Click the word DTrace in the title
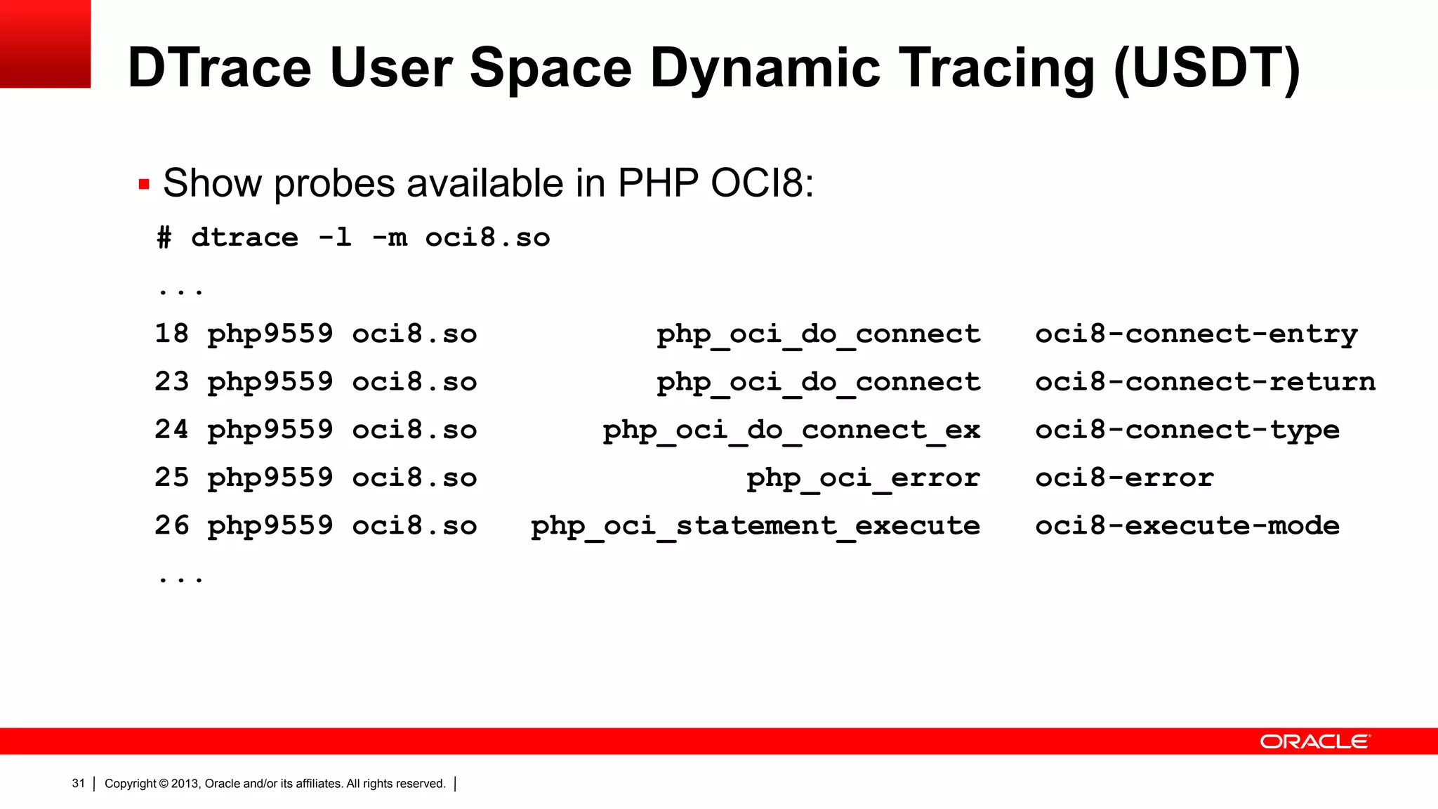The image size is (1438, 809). tap(219, 68)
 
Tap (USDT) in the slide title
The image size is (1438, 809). tap(1206, 68)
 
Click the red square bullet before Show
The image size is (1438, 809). tap(144, 185)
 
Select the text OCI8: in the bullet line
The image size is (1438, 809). tap(762, 183)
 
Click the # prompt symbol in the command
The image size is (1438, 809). tap(164, 238)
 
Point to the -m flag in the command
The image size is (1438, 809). tap(389, 238)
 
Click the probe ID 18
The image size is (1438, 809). tap(172, 334)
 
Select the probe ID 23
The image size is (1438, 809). tap(172, 381)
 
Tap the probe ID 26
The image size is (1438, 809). tap(172, 525)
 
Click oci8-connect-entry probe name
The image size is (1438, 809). tap(1196, 334)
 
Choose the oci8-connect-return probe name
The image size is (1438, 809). tap(1205, 382)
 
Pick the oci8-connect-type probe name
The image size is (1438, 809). tap(1187, 430)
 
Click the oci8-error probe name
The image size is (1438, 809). tap(1124, 478)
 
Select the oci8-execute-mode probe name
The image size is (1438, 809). tap(1187, 525)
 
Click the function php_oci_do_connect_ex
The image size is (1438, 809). tap(791, 430)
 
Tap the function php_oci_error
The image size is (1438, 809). tap(863, 478)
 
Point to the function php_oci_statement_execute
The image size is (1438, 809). tap(756, 525)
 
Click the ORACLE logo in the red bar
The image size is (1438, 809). tap(1314, 742)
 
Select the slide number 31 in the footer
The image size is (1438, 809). tap(78, 783)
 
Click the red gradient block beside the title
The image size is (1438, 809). tap(45, 44)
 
